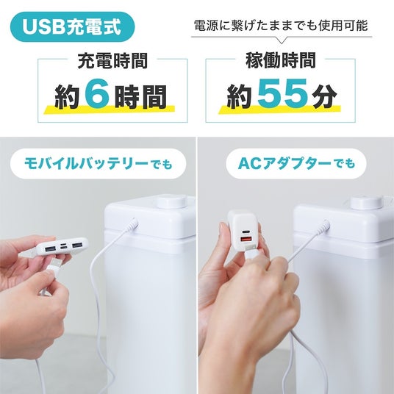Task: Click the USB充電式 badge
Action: [x=72, y=26]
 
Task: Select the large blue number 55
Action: [x=283, y=93]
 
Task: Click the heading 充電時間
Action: [x=112, y=60]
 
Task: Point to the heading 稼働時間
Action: [x=280, y=60]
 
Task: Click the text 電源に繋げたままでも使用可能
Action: [x=282, y=26]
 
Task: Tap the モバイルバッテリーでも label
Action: [x=98, y=164]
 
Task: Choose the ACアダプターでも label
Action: [x=296, y=164]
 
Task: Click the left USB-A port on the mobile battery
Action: [x=51, y=249]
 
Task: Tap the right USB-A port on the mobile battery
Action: [x=77, y=245]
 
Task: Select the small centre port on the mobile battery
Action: [x=64, y=247]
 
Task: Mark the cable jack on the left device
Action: [x=133, y=224]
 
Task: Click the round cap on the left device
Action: [x=171, y=203]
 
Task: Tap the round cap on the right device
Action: [x=365, y=204]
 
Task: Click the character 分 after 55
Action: [x=324, y=96]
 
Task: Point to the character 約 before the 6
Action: [x=67, y=97]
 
